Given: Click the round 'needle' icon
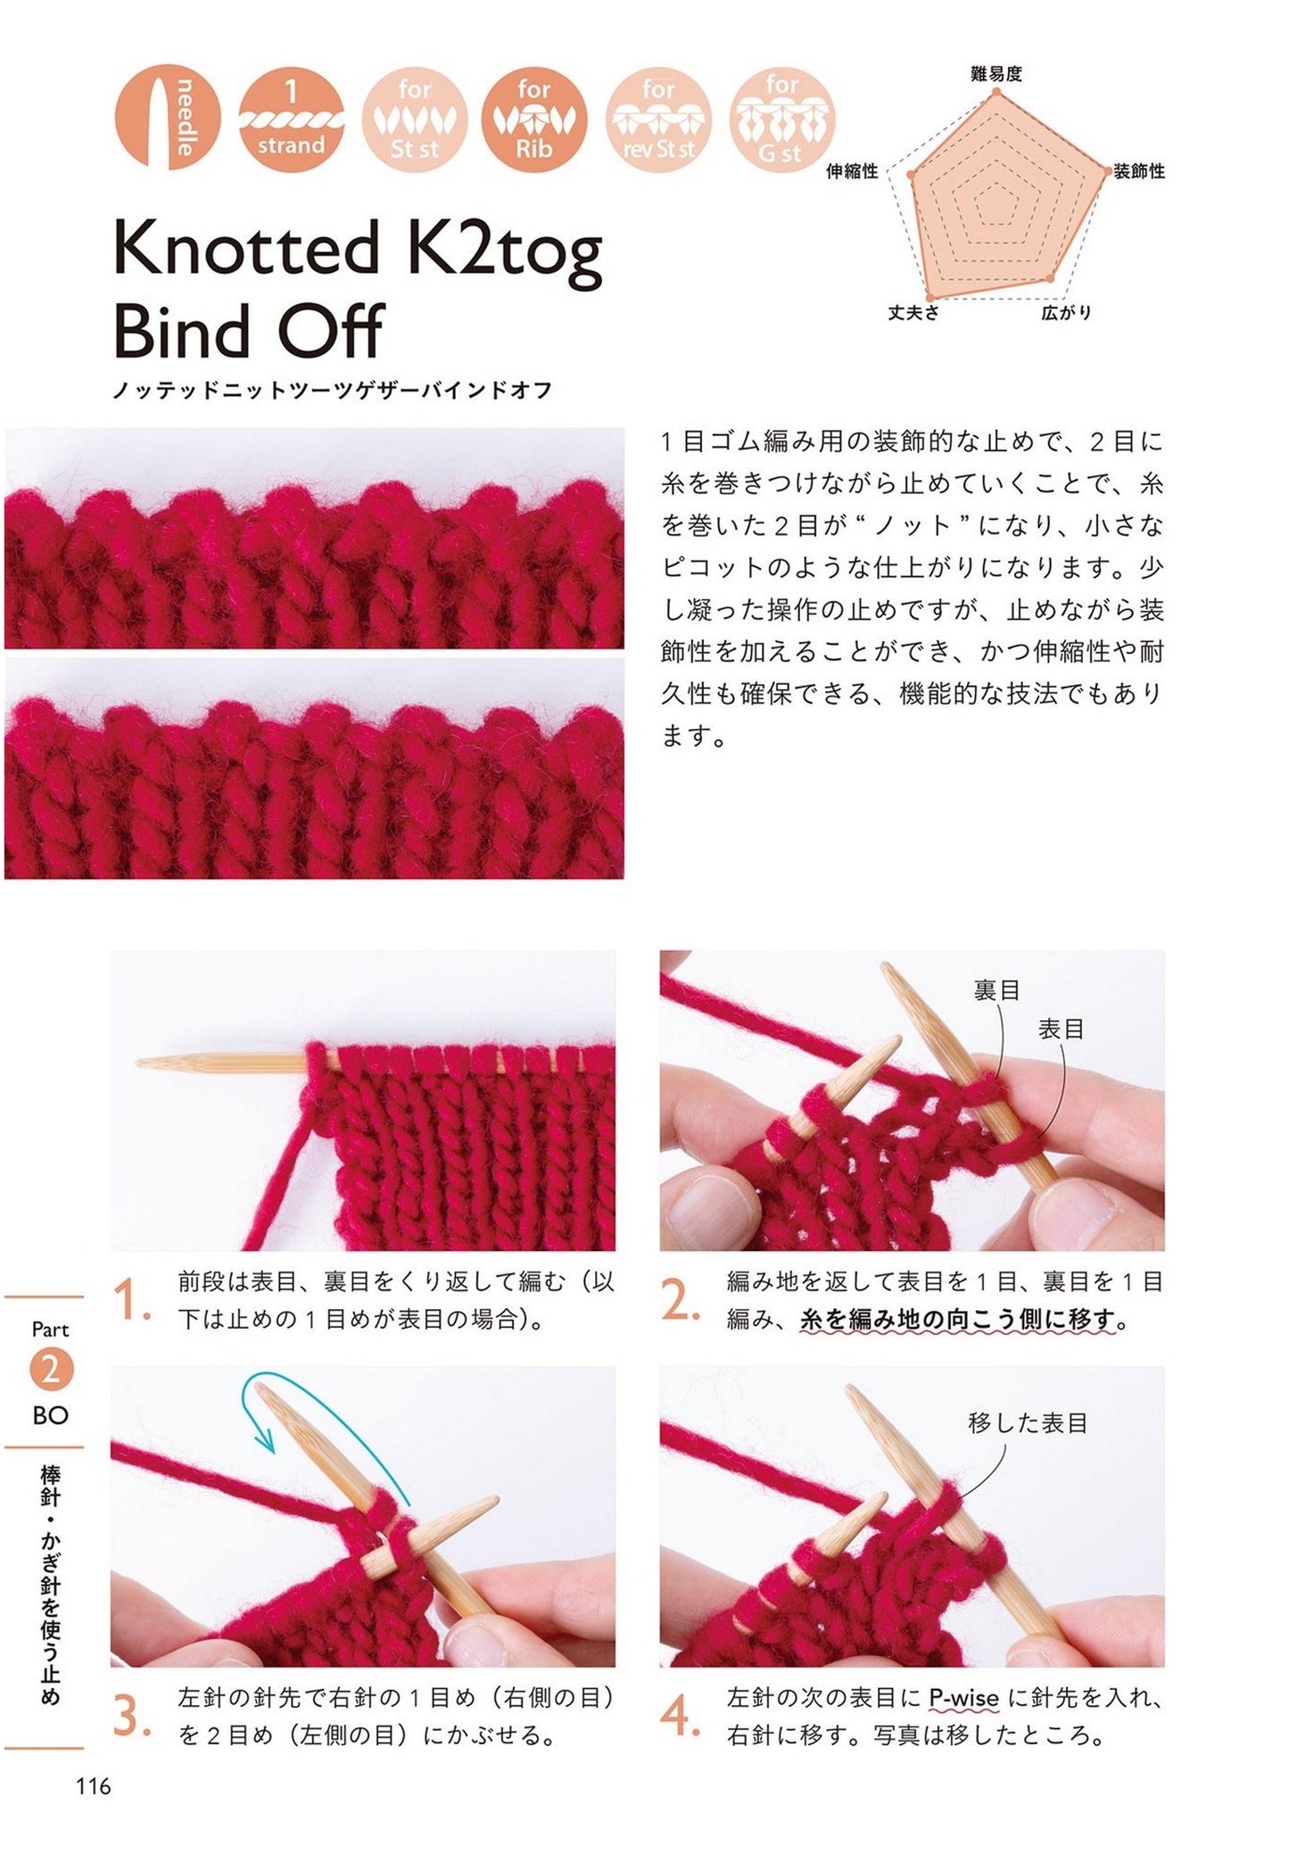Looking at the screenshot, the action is [167, 117].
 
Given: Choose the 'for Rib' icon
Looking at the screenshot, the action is [535, 117].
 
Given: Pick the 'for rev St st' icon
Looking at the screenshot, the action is [658, 117].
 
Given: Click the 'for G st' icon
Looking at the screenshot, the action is [781, 117].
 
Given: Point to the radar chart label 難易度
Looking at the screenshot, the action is [996, 74].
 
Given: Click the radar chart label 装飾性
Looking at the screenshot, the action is [1139, 171].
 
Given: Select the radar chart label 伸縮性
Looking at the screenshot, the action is [853, 171].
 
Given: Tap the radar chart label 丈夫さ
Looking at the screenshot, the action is [913, 312].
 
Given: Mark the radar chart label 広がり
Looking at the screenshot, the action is [1066, 312].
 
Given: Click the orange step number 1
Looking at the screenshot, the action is [131, 1301].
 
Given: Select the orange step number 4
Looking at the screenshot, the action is [681, 1717].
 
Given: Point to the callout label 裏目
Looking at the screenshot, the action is [996, 990].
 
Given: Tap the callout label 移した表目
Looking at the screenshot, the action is [1028, 1422].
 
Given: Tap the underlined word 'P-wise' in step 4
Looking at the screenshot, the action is [963, 1698].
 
